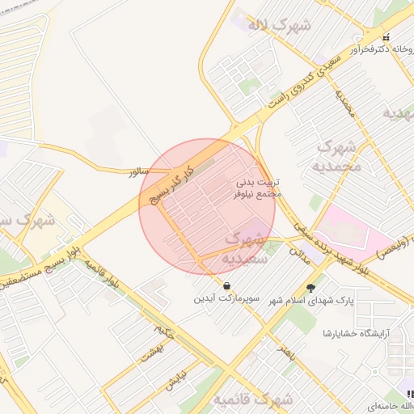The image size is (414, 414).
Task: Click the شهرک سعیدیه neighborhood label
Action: pos(245,249)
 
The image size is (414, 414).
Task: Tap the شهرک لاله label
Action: pos(279,25)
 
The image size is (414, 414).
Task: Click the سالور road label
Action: pos(139,172)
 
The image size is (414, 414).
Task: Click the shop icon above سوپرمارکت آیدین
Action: pos(226,286)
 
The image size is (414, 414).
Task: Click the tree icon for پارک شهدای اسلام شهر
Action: pos(311,288)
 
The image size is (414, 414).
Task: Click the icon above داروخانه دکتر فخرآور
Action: pos(387,36)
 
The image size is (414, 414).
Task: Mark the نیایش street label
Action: pos(178,380)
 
